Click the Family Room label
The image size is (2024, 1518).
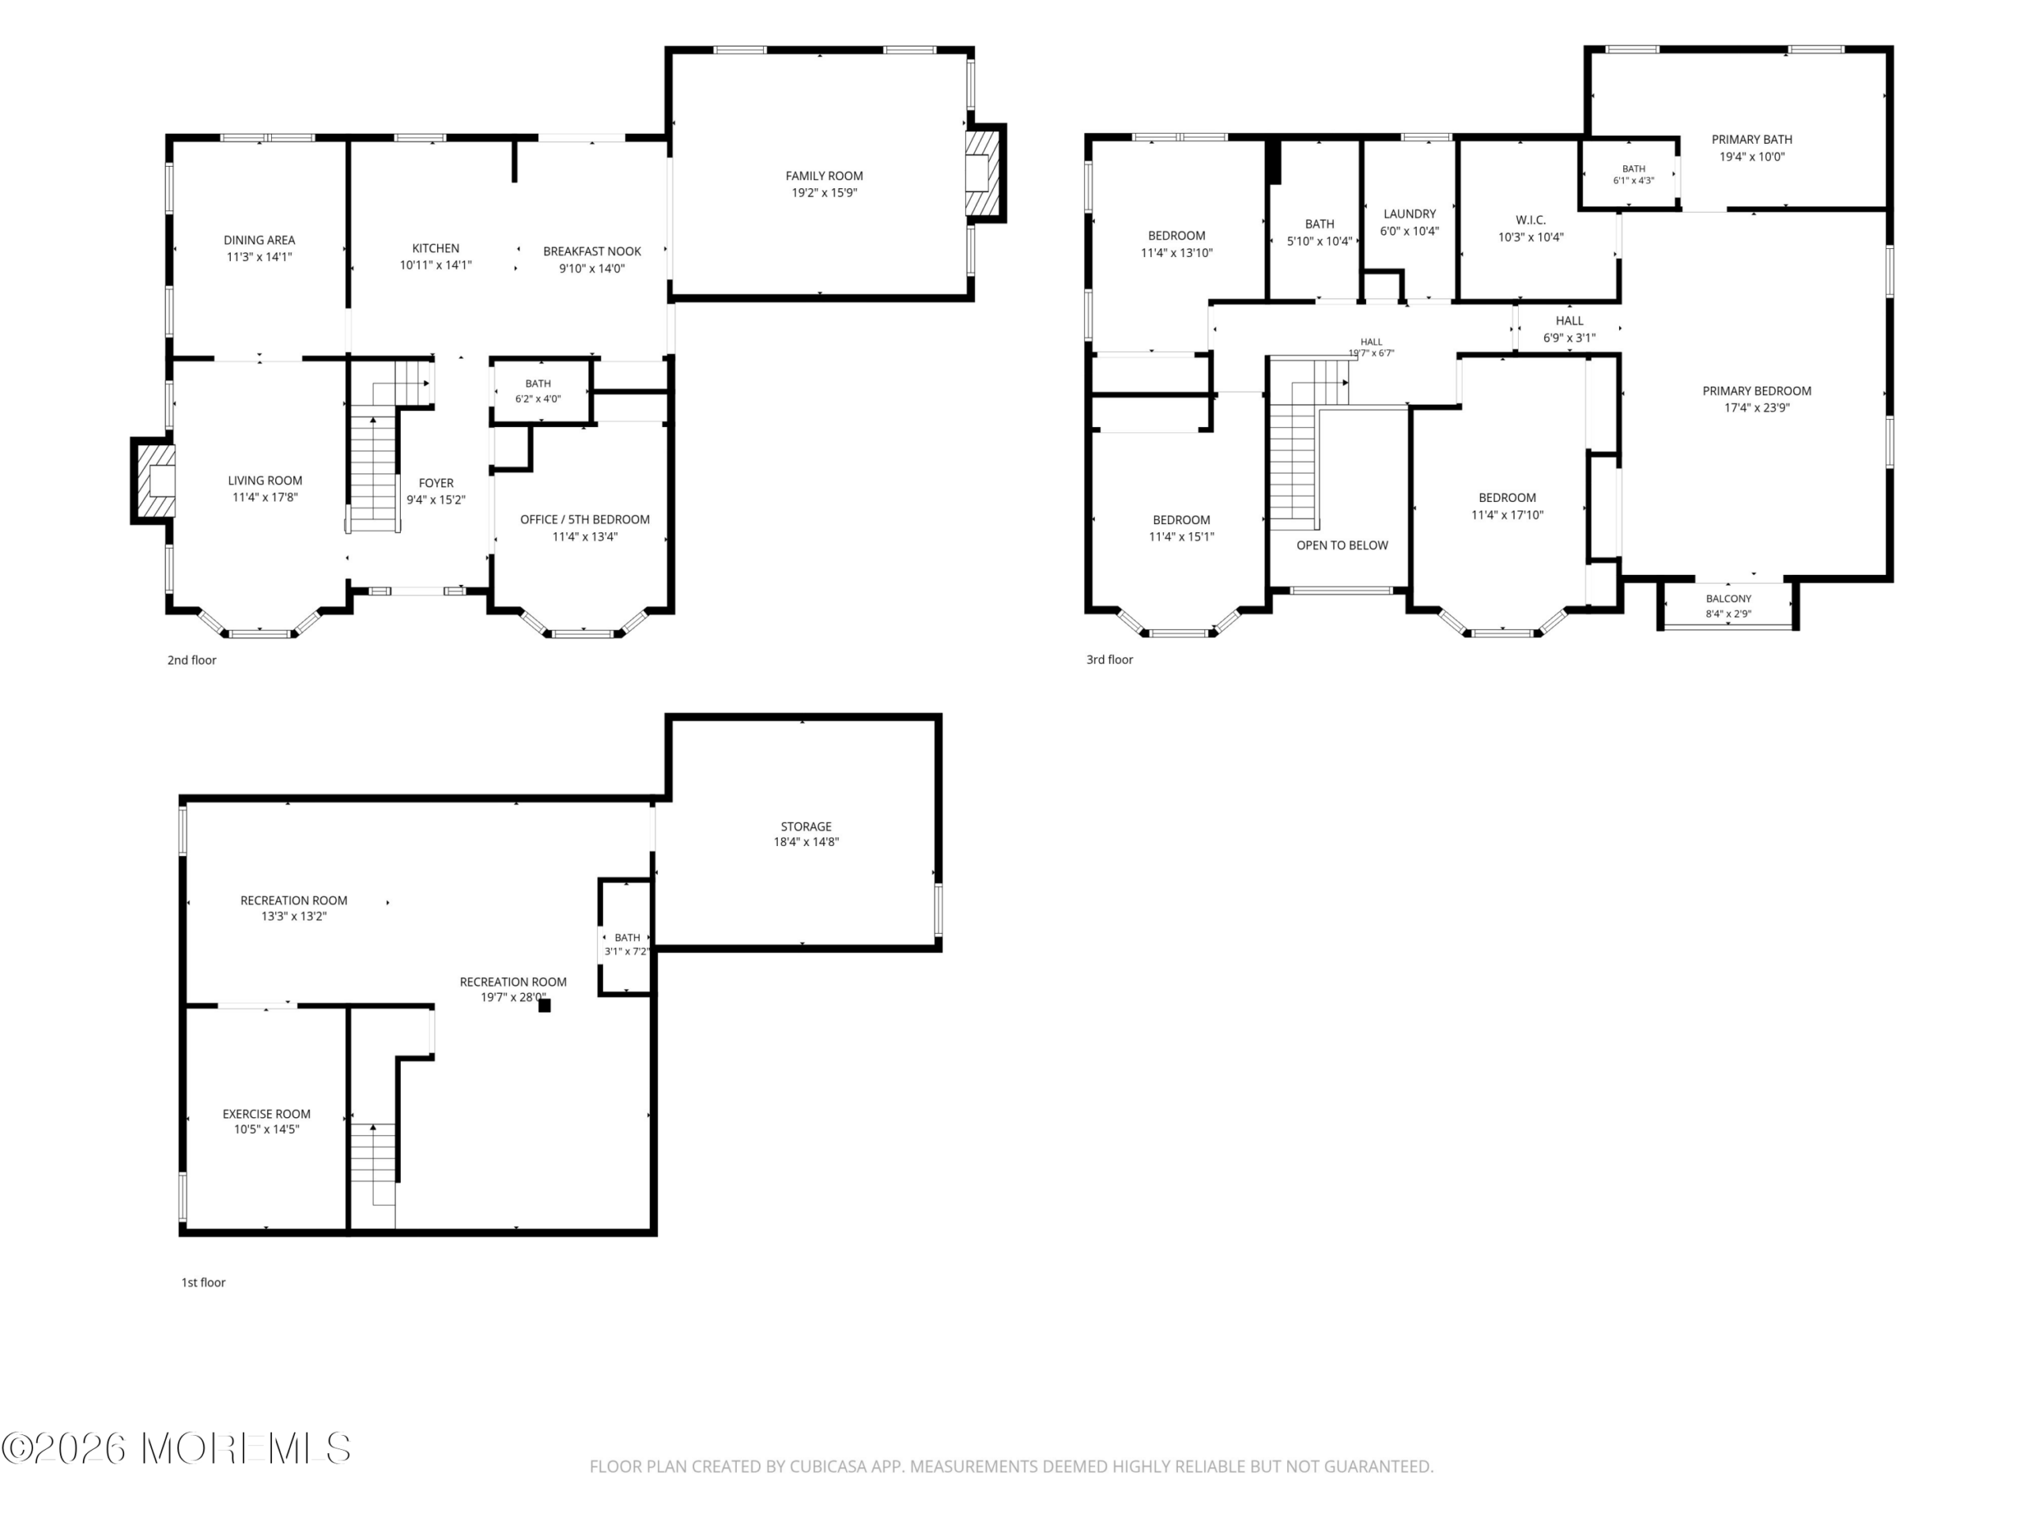click(x=824, y=176)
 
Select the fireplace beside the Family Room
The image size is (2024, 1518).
click(x=984, y=173)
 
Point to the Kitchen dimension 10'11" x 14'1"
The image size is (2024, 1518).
click(x=436, y=266)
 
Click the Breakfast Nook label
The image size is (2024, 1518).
click(x=592, y=251)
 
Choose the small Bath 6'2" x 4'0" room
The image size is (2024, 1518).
click(x=541, y=391)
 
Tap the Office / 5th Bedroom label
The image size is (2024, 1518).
click(x=585, y=519)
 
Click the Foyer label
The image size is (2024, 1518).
click(x=436, y=483)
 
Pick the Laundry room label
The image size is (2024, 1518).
click(x=1409, y=214)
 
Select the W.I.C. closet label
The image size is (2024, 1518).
click(x=1530, y=221)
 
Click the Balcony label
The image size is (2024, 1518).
click(x=1728, y=599)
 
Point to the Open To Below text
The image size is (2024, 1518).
click(x=1342, y=546)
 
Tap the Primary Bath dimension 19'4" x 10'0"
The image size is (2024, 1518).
click(x=1751, y=157)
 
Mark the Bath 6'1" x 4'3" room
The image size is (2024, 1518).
click(x=1629, y=174)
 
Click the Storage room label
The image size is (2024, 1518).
click(x=805, y=826)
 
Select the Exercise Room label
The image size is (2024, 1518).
click(x=266, y=1113)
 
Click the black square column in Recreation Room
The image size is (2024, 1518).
click(x=545, y=1006)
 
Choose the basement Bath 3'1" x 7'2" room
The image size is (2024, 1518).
click(x=626, y=937)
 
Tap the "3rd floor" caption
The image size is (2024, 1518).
click(x=1109, y=659)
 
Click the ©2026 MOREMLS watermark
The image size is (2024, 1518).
click(x=176, y=1448)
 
